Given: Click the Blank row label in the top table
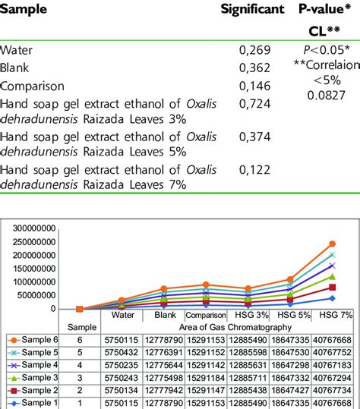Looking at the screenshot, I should coord(16,68).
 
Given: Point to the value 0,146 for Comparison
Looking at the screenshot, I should coord(255,86).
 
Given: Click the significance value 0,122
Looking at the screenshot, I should coord(255,172).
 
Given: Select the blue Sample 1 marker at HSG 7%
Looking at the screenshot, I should coord(332,298).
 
